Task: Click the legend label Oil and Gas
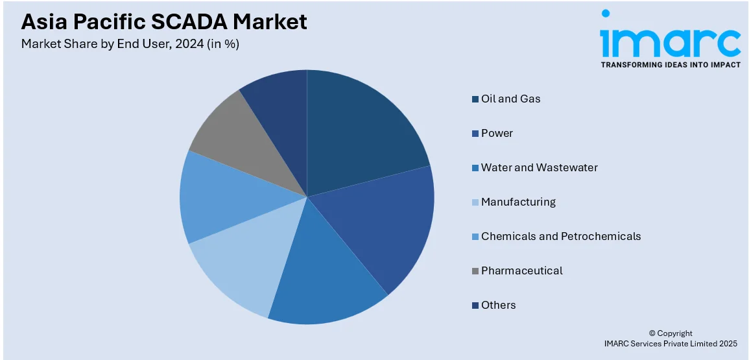click(510, 99)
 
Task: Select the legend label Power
click(497, 133)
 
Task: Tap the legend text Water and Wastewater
click(539, 167)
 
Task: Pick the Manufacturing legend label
click(518, 202)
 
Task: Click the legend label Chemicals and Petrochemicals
click(560, 236)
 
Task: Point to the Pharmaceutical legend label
click(521, 270)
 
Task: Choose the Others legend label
click(498, 305)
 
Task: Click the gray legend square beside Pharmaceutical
click(475, 271)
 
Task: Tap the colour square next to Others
click(475, 306)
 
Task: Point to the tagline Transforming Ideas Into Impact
click(670, 65)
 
